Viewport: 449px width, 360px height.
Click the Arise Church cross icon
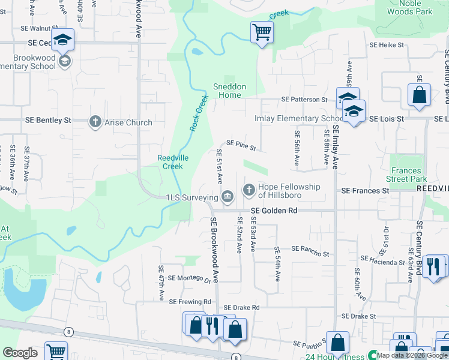point(95,122)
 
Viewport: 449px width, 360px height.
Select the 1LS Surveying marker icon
point(228,196)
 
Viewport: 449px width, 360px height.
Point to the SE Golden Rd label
point(274,211)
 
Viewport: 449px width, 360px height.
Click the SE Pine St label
point(241,145)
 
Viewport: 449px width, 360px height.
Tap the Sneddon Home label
point(229,91)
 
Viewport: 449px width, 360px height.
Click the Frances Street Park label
point(406,175)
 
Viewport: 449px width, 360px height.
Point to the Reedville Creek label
point(170,161)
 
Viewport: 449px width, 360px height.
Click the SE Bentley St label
point(48,120)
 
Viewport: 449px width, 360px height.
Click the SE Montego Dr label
point(190,278)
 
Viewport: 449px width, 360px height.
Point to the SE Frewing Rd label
point(191,301)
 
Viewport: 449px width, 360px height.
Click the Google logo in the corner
point(20,353)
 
